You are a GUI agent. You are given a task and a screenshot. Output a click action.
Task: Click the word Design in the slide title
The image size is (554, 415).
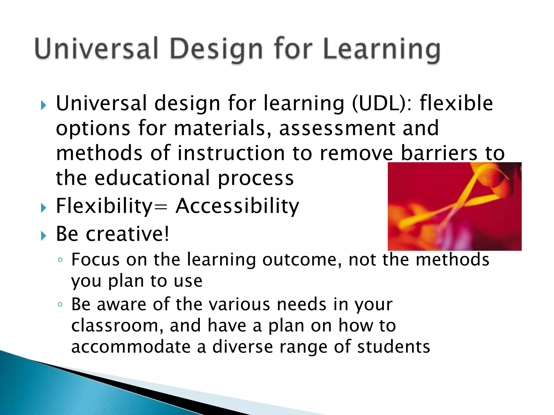pos(216,49)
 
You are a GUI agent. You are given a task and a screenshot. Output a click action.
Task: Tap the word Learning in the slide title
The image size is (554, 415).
pos(381,49)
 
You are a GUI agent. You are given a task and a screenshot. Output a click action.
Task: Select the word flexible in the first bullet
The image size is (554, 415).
pos(456,103)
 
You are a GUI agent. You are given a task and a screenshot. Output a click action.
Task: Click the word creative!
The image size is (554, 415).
pos(127,234)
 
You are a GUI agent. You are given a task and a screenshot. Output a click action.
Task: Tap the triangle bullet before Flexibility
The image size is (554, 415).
pos(43,208)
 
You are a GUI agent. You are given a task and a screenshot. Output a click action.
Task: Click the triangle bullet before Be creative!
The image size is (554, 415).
pos(43,236)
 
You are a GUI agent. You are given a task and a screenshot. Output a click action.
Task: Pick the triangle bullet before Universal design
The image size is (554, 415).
pos(43,105)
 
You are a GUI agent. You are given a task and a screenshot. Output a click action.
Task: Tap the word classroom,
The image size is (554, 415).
pos(117,326)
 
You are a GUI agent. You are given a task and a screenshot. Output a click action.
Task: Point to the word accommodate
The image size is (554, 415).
pos(131,347)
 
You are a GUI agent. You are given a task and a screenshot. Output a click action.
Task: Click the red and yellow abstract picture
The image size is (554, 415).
pos(454,206)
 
